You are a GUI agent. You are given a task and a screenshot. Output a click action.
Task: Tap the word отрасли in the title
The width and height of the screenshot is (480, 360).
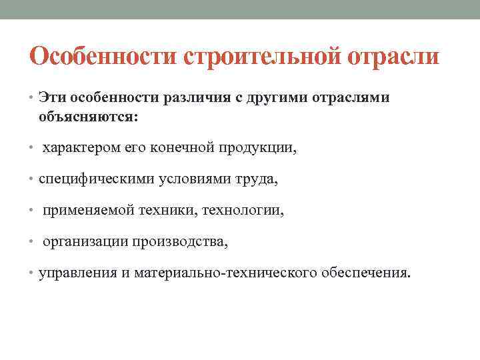click(x=393, y=57)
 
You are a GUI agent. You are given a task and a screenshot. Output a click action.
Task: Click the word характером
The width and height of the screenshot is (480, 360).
click(x=81, y=148)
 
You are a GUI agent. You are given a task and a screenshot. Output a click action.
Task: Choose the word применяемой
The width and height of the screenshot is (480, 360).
click(x=87, y=211)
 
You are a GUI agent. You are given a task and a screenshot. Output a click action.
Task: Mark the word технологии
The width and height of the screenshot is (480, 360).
click(x=251, y=211)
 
